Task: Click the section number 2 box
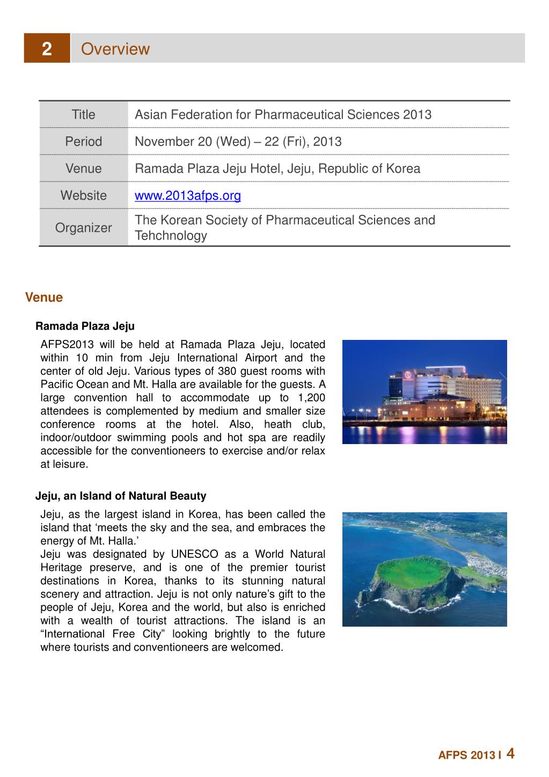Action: tap(47, 49)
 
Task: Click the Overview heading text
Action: tap(115, 49)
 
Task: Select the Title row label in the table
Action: tap(83, 114)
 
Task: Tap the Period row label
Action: tap(83, 141)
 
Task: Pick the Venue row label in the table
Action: tap(83, 169)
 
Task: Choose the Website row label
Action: tap(83, 195)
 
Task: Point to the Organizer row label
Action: tap(83, 228)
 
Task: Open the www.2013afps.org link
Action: tap(187, 195)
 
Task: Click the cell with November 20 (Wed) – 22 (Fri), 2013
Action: tap(238, 141)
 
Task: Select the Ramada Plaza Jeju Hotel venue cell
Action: tap(277, 169)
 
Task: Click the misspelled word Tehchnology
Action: tap(171, 236)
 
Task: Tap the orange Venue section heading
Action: tap(43, 297)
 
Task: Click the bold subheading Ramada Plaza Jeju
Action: tap(85, 326)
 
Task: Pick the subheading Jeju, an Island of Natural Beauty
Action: tap(121, 496)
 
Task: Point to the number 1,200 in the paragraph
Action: tap(310, 398)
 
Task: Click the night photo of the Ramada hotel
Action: tap(424, 391)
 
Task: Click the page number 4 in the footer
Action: tap(510, 753)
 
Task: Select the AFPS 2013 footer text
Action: tap(466, 756)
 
